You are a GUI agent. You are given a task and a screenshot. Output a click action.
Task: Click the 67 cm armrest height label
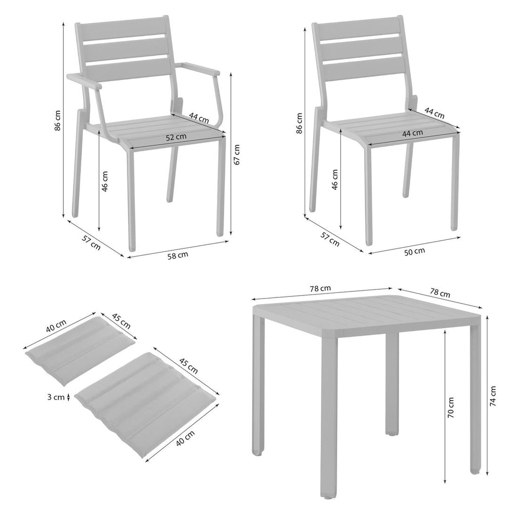(x=237, y=155)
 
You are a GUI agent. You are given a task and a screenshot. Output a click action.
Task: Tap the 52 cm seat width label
(x=176, y=137)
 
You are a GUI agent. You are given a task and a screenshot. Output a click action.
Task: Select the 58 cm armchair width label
(x=178, y=255)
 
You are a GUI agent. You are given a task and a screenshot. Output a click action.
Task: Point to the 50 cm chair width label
(x=415, y=251)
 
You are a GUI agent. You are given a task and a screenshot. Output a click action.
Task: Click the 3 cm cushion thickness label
(x=56, y=397)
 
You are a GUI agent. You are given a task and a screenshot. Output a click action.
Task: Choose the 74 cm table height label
(x=493, y=396)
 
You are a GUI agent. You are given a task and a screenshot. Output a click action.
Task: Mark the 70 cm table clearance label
(x=451, y=407)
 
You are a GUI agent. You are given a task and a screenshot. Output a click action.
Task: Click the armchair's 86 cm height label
(x=58, y=120)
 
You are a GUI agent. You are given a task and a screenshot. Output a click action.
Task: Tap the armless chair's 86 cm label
(x=299, y=123)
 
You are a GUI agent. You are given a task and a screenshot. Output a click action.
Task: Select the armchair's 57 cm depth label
(x=91, y=242)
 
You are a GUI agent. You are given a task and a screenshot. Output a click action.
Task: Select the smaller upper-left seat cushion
(x=79, y=351)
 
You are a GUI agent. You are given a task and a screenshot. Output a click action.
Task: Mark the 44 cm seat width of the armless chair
(x=412, y=133)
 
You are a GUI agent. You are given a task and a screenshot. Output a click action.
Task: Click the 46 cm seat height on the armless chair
(x=335, y=180)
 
